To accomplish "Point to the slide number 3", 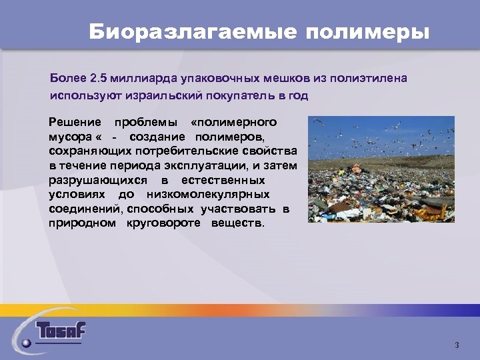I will tap(457, 345).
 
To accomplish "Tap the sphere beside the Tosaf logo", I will tap(26, 343).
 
